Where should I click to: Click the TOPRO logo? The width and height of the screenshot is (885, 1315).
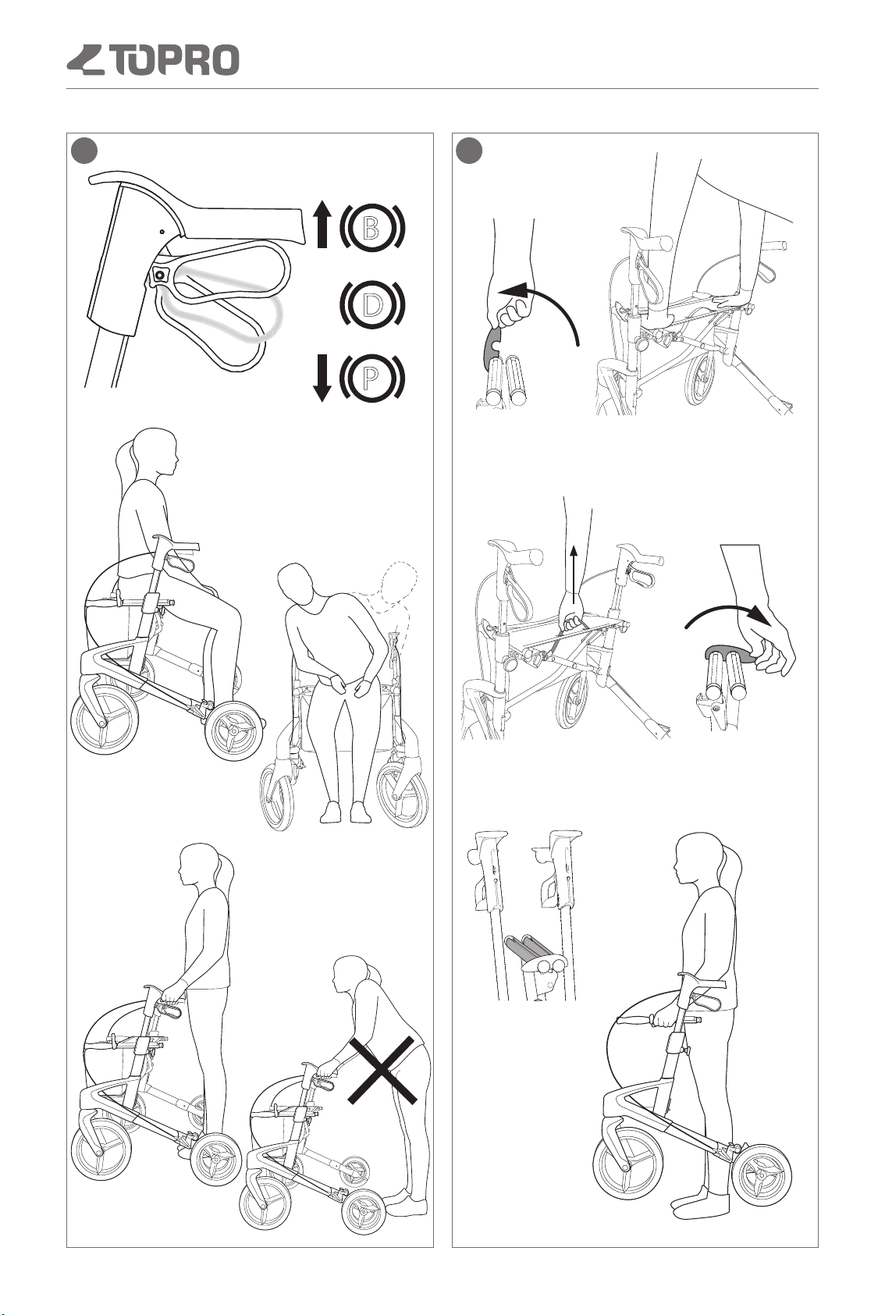tap(153, 60)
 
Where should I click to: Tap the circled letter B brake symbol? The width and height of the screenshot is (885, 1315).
tap(371, 226)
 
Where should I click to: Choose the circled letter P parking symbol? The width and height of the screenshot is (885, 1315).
tap(371, 378)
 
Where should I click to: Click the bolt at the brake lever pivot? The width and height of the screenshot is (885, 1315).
tap(158, 274)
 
